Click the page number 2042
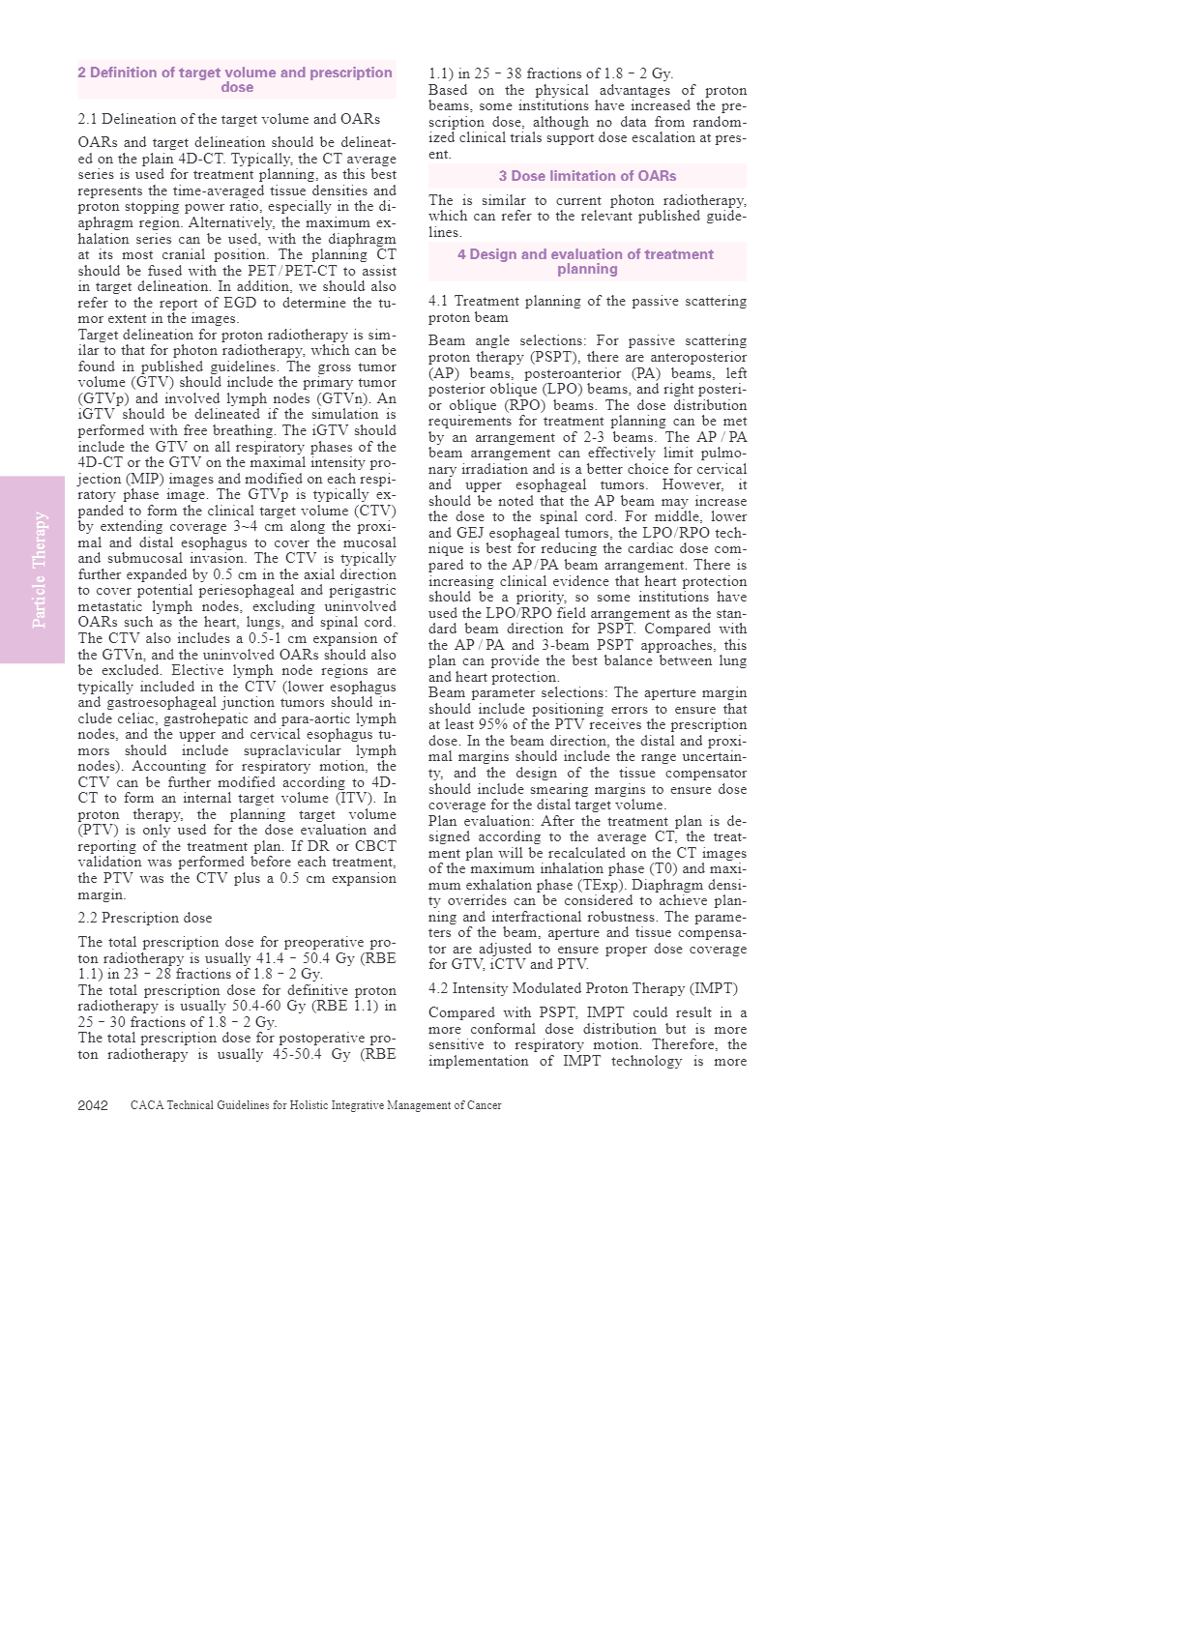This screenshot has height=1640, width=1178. coord(93,1105)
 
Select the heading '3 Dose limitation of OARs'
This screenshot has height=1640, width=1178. coord(587,176)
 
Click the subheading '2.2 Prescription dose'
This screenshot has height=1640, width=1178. coord(145,918)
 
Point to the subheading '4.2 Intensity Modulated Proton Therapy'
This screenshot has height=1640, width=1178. coord(582,988)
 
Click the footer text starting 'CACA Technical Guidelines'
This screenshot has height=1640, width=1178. coord(315,1105)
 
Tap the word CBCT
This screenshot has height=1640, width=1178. coord(376,846)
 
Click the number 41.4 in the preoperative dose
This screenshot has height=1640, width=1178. coord(270,958)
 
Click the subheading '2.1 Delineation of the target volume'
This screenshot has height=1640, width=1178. coord(228,119)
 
